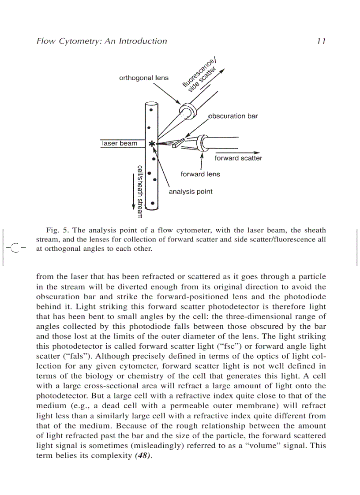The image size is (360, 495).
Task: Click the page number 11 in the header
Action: tap(321, 41)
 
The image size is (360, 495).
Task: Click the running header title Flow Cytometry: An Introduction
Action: tap(101, 41)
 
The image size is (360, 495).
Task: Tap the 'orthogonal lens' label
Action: tap(144, 78)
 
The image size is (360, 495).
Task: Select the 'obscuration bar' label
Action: tap(232, 116)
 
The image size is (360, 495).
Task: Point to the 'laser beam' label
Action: tap(120, 143)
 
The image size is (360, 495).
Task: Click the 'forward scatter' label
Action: tap(238, 158)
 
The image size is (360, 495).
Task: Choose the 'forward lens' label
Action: tap(200, 174)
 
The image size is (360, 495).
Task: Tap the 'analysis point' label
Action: tap(191, 192)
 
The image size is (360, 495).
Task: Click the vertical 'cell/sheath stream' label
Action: tap(140, 191)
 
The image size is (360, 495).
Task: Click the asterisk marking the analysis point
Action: tap(152, 144)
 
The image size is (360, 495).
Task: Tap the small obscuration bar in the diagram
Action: tap(178, 143)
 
